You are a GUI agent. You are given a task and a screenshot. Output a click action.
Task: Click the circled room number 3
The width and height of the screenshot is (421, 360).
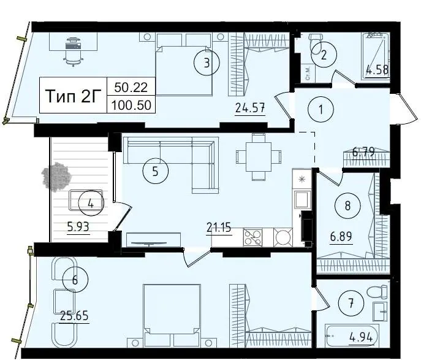207,63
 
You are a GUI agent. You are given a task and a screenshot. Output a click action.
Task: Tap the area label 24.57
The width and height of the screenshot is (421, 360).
250,109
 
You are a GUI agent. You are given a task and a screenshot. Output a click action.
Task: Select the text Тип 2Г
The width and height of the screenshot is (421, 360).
73,96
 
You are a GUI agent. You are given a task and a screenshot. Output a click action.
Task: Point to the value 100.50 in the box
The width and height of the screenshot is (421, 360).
131,105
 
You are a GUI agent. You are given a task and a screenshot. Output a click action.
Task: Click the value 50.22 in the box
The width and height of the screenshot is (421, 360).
131,87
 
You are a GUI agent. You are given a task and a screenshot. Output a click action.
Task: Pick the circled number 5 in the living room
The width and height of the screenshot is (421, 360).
156,171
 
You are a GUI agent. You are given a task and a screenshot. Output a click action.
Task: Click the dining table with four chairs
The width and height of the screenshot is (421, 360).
259,157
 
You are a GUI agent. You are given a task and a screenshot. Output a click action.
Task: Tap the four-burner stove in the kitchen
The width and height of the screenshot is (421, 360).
252,237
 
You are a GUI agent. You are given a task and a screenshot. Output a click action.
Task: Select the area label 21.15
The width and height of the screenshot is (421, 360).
219,228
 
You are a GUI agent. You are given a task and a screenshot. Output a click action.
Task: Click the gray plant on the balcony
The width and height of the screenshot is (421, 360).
56,177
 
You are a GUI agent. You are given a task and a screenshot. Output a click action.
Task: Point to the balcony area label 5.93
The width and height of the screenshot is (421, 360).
78,228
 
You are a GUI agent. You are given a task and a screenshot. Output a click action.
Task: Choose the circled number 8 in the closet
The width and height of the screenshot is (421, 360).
347,206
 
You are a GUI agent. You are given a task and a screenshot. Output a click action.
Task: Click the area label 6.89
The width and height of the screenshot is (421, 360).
341,237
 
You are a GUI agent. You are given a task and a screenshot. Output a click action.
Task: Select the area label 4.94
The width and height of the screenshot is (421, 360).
361,337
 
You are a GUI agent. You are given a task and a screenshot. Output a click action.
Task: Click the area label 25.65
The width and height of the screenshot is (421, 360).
74,316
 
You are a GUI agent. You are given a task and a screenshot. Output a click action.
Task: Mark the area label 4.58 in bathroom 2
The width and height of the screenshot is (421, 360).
377,69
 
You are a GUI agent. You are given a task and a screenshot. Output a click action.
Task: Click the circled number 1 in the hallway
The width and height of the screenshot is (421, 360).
320,110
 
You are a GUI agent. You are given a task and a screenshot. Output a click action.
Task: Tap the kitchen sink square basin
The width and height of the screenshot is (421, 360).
303,199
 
